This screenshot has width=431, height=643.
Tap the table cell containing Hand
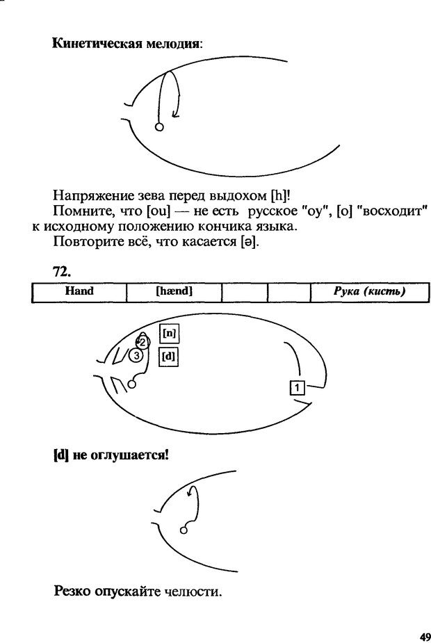pos(79,292)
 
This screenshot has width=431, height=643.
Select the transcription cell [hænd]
pos(174,292)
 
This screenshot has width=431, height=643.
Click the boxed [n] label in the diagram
pos(169,333)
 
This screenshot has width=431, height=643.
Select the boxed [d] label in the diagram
pos(168,357)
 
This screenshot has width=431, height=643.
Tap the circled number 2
pos(143,342)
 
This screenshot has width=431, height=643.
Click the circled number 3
pos(137,355)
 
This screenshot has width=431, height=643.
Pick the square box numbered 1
pos(297,386)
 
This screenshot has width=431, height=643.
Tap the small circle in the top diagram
pos(158,127)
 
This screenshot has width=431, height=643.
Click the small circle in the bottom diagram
pos(184,530)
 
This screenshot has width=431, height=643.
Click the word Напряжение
pos(84,195)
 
